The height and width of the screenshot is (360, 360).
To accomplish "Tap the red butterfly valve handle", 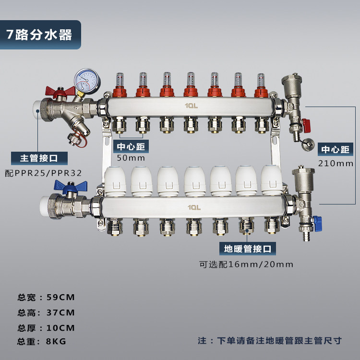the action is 60,91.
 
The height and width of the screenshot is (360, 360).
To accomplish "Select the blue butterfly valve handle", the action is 71,186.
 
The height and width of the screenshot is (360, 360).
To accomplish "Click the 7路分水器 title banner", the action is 40,35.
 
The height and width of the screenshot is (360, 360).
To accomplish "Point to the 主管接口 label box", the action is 39,158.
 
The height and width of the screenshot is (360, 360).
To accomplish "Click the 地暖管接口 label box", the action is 248,249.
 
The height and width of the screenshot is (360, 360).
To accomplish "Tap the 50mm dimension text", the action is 131,158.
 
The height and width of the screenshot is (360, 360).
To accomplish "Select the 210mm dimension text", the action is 336,164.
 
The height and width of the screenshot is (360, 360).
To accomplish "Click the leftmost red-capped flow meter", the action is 120,85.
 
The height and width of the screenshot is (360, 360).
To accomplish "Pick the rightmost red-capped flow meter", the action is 261,85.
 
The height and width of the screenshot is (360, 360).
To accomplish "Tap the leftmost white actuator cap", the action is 115,181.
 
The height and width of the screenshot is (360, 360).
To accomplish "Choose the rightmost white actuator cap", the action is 272,180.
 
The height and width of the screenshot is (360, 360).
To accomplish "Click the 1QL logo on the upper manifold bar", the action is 191,106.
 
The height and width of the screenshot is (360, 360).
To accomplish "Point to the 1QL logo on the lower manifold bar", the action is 194,207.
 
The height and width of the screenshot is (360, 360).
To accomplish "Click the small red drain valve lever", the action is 306,126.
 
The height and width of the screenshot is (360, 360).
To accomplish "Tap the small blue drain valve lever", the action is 318,223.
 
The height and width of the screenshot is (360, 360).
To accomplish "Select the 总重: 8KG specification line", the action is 42,341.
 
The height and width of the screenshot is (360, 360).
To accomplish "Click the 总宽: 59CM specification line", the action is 46,297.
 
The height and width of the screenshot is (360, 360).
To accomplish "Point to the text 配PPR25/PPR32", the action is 43,173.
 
